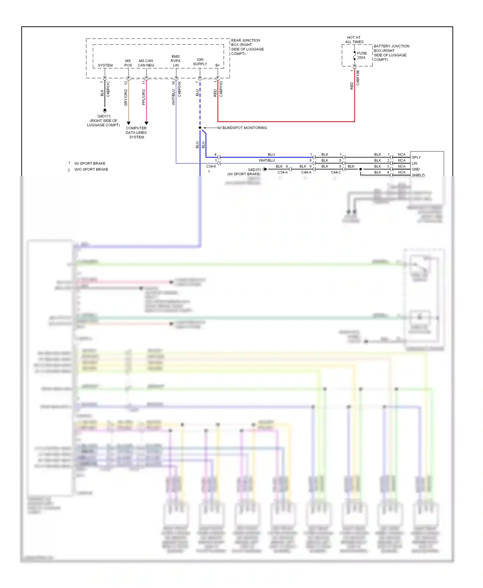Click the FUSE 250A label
click(x=362, y=55)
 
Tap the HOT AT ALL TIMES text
click(x=354, y=40)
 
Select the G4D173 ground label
click(x=104, y=116)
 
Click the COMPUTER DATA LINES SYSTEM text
click(x=136, y=133)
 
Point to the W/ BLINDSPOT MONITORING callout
click(x=242, y=128)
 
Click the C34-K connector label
click(x=211, y=166)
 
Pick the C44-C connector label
click(x=336, y=172)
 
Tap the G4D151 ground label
click(x=254, y=170)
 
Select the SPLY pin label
click(x=416, y=157)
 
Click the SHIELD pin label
click(x=418, y=175)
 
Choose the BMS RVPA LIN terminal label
click(x=175, y=61)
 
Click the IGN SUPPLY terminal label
click(x=200, y=62)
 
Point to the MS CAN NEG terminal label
click(x=146, y=63)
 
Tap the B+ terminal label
click(x=218, y=65)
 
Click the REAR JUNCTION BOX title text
click(x=247, y=47)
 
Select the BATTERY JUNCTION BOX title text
click(x=391, y=53)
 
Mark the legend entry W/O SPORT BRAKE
click(x=91, y=170)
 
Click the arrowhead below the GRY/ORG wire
click(x=128, y=123)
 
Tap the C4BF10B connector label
click(x=358, y=78)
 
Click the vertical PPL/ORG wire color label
click(x=144, y=97)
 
